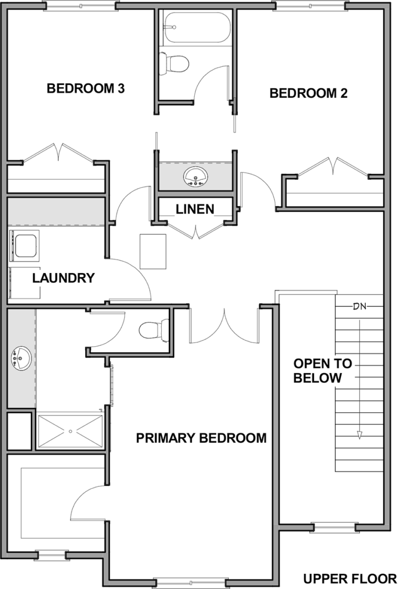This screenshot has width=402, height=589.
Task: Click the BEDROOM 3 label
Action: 85,88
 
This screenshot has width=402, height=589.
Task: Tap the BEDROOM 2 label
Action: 308,93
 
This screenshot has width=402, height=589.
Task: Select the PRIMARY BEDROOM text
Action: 201,438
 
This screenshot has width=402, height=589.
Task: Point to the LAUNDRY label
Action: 63,278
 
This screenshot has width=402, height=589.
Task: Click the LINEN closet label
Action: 195,209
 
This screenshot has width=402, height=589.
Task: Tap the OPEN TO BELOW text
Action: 322,370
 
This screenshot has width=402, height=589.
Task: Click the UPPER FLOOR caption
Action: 350,579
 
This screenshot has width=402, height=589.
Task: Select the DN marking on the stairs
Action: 360,307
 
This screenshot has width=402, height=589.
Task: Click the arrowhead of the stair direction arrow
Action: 360,435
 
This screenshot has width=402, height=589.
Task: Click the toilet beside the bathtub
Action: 174,63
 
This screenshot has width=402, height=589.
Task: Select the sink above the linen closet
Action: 195,177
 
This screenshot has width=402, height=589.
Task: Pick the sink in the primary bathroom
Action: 21,358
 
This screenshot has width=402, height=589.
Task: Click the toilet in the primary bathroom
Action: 154,330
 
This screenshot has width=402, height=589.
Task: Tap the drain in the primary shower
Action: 70,432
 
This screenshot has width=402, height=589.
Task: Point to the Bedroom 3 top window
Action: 79,6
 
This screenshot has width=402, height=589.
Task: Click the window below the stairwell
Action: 334,528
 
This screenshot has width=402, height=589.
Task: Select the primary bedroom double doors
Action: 224,325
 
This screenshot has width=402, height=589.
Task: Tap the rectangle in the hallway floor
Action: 153,251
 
